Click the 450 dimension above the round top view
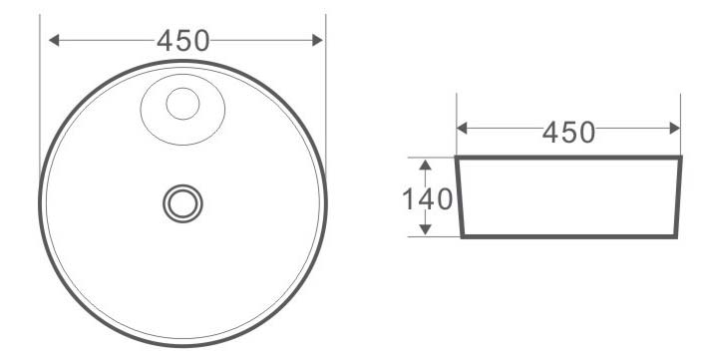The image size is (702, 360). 182,40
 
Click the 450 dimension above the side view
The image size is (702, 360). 568,133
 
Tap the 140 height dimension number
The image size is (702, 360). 428,199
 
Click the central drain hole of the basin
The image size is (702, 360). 182,203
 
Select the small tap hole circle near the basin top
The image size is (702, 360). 182,104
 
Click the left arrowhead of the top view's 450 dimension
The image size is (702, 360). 54,40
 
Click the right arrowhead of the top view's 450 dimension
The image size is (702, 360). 317,40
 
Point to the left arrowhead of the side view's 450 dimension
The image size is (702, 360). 462,128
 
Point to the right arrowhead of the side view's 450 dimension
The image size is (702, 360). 675,128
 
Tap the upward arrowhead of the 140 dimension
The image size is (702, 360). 426,165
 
